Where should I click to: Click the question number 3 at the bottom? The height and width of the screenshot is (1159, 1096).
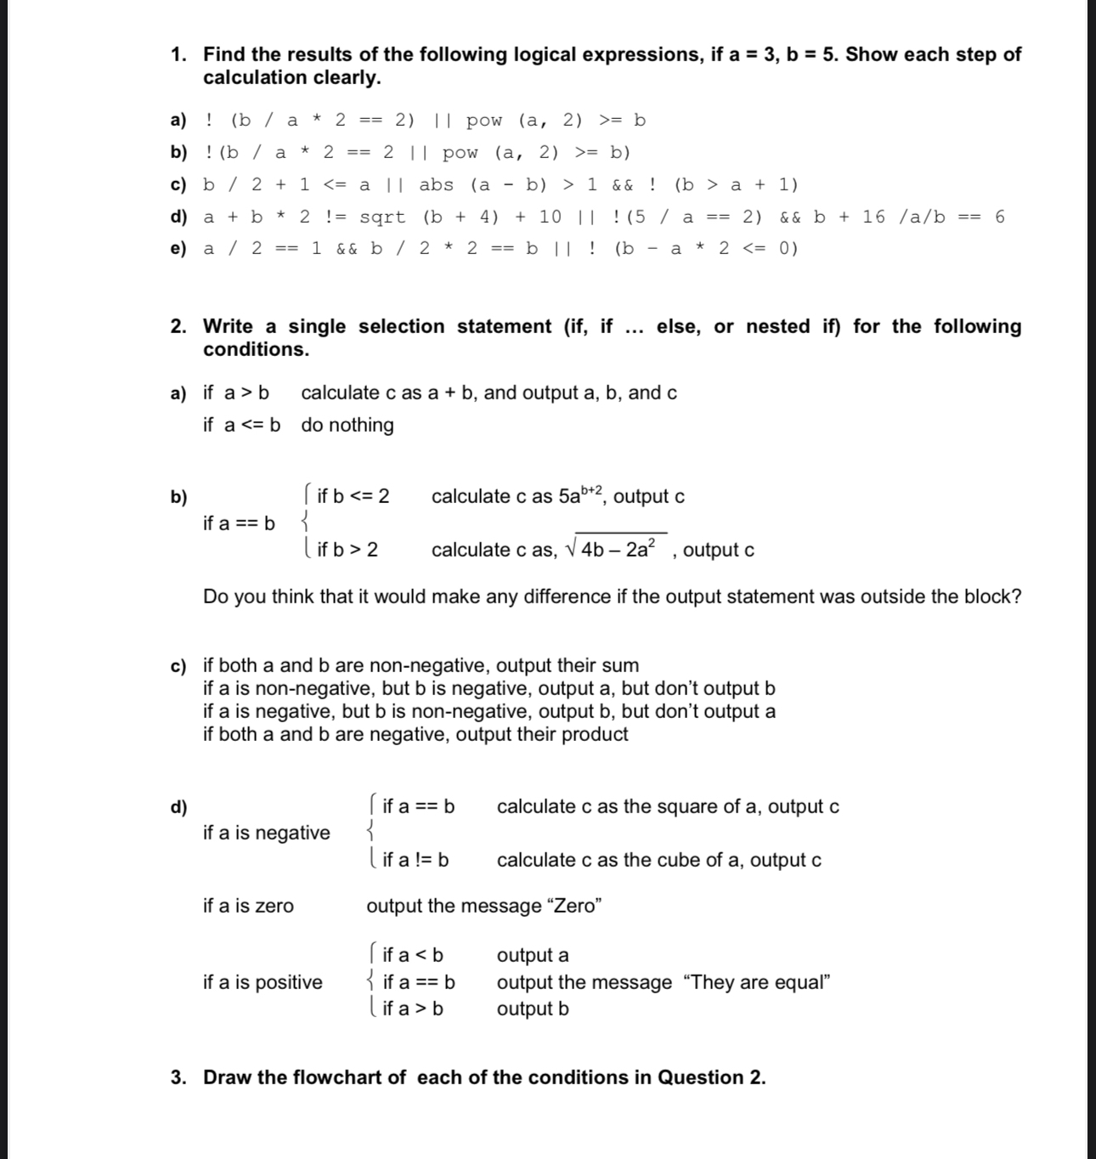pos(178,1077)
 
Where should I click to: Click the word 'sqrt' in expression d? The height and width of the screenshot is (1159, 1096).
pos(382,217)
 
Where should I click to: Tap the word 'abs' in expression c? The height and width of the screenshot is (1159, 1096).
pos(436,184)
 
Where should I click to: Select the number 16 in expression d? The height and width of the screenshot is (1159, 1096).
pos(873,217)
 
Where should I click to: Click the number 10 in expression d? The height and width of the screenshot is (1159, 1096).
pos(550,217)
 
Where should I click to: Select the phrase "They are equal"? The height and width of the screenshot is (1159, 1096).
pos(756,982)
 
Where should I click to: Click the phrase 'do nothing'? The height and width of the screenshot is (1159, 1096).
pos(347,425)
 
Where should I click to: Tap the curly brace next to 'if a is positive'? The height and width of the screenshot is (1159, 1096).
pos(372,981)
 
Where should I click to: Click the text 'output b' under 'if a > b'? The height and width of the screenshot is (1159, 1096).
pos(533,1009)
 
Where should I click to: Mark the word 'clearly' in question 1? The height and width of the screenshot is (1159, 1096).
pos(343,77)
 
